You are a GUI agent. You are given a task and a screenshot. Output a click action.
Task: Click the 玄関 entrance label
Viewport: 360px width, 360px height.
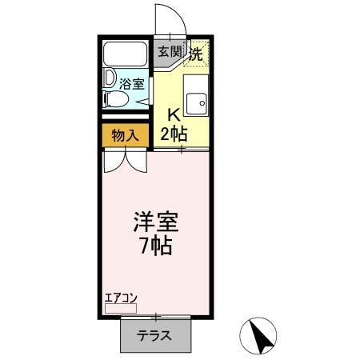click(x=169, y=54)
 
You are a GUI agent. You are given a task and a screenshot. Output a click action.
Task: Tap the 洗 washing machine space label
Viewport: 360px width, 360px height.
click(x=196, y=54)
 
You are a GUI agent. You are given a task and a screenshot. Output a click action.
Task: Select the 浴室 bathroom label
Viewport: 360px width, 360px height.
click(x=133, y=83)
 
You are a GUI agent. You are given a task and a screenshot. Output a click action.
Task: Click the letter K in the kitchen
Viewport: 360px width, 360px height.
click(x=172, y=114)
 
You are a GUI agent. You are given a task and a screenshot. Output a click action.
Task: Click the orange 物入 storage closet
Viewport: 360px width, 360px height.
click(x=125, y=135)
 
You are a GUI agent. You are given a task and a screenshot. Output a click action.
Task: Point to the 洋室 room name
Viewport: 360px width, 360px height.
click(x=155, y=221)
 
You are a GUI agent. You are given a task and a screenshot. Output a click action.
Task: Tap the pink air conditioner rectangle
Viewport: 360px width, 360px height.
click(x=121, y=307)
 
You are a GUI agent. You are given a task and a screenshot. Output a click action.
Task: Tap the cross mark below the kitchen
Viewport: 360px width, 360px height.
click(x=182, y=150)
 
